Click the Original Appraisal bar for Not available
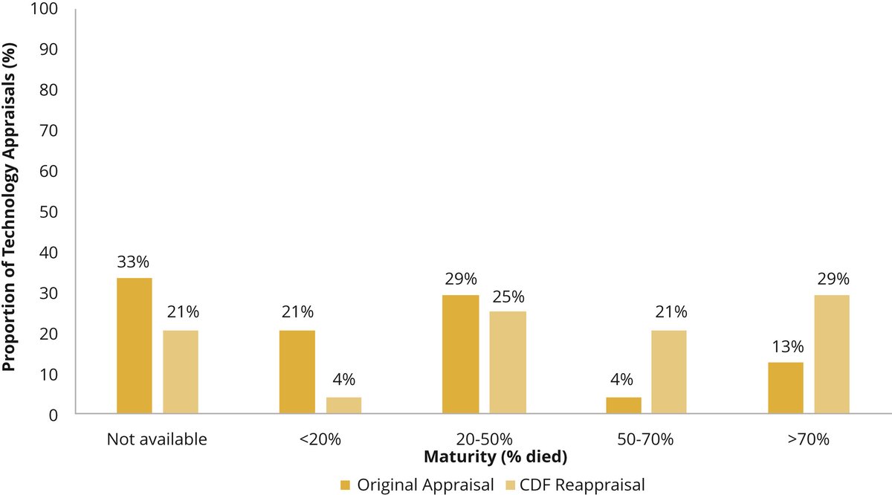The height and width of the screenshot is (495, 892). pos(135,346)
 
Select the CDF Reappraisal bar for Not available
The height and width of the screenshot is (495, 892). pos(181,372)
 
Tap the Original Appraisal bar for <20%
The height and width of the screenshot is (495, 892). pos(297,372)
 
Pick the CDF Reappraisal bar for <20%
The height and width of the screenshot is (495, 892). pos(343,405)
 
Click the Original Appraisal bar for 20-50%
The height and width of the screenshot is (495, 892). pos(460,354)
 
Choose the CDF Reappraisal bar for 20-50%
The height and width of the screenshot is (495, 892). pos(508,362)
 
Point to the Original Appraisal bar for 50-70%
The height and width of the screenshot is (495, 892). pos(624,405)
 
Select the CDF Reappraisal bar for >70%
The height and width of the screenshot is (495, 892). pos(832,354)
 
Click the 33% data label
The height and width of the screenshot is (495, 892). pos(134,262)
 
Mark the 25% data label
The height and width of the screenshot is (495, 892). pos(508,295)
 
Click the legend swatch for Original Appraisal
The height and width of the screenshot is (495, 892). pos(345,485)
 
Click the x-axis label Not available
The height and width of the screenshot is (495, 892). pos(157,439)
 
